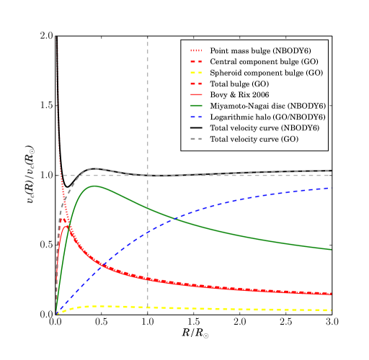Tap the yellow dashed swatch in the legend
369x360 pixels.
pos(197,73)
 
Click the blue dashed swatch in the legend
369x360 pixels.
pos(197,116)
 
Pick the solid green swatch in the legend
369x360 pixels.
pos(197,105)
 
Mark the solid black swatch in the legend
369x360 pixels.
pos(197,127)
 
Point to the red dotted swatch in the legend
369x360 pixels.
pos(197,51)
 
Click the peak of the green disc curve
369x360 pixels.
pos(94,186)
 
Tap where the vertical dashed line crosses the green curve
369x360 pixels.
pos(148,207)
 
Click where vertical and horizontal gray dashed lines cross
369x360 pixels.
pos(148,175)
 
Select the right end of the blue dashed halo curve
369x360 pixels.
pos(331,188)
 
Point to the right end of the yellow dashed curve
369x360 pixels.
pos(331,310)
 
